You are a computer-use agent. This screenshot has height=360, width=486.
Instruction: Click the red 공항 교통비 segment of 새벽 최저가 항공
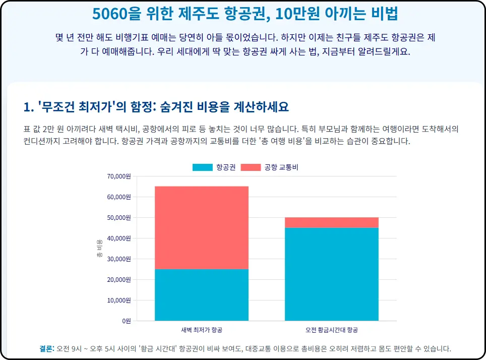click(201, 227)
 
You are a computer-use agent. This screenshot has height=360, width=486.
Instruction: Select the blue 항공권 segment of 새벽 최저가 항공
click(201, 294)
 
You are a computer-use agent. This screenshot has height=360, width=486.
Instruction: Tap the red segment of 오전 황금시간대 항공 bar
click(331, 222)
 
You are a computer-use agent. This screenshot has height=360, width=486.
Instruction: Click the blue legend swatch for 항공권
click(202, 167)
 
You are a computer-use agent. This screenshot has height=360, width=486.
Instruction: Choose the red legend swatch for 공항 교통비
click(251, 167)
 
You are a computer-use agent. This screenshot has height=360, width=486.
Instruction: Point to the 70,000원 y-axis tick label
click(119, 176)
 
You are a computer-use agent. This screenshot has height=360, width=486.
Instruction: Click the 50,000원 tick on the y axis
click(119, 218)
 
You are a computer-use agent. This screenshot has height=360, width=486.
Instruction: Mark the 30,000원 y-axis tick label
click(119, 259)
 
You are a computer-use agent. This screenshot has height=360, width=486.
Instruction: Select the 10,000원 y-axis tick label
click(119, 301)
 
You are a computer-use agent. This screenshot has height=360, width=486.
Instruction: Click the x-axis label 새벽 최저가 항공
click(201, 330)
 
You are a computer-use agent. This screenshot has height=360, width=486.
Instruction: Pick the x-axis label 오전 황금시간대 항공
click(331, 330)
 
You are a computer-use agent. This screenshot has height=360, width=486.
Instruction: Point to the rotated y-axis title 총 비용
click(99, 249)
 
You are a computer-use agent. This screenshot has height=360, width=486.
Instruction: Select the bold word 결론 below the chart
click(46, 349)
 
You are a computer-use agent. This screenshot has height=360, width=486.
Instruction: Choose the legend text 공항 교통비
click(281, 167)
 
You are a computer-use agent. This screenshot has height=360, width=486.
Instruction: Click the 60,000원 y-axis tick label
click(119, 197)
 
